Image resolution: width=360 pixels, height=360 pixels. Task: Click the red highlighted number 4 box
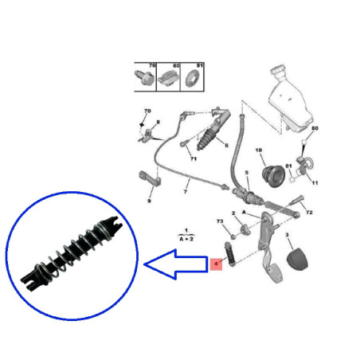(215, 263)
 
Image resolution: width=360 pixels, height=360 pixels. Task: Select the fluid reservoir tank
(288, 99)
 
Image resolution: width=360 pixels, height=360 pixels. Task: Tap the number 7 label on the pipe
(185, 192)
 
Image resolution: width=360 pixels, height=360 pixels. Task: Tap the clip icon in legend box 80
(169, 77)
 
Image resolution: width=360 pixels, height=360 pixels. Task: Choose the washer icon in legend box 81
(193, 77)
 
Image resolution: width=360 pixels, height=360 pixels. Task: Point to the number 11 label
(315, 182)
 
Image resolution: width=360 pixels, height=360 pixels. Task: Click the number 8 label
(158, 120)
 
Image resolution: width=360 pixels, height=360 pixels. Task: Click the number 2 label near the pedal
(233, 213)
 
